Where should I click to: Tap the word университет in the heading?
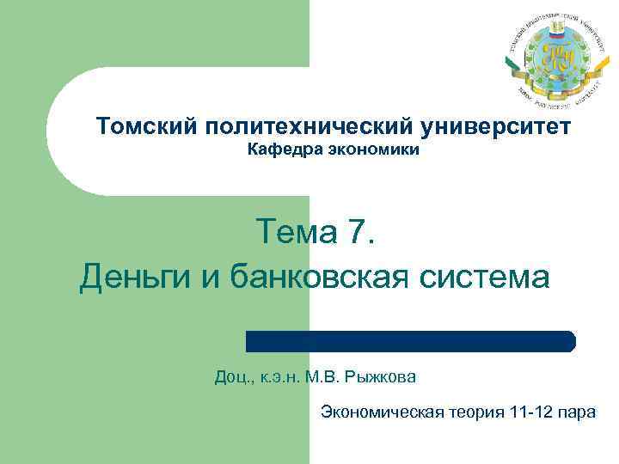tap(496, 128)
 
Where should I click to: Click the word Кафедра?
tap(279, 151)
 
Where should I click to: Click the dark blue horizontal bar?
tap(411, 341)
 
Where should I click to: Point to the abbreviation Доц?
tap(233, 376)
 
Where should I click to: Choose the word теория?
tap(476, 412)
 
